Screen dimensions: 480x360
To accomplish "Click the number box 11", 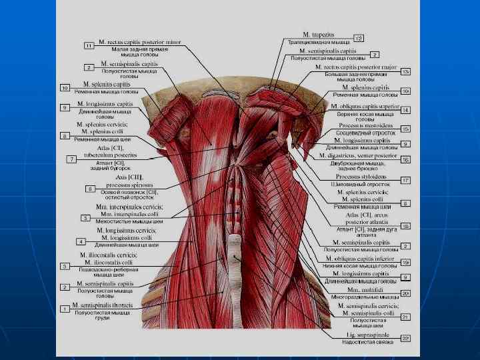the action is coord(89,45).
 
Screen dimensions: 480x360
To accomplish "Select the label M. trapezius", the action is coord(318,34).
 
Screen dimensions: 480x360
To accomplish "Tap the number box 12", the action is coord(359,38).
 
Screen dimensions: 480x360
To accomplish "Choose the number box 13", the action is coord(405,71).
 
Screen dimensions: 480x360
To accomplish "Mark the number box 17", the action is coord(405,181).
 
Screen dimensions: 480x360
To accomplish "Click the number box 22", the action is coord(405,339).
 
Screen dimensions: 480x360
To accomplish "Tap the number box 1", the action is coord(65,309).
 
